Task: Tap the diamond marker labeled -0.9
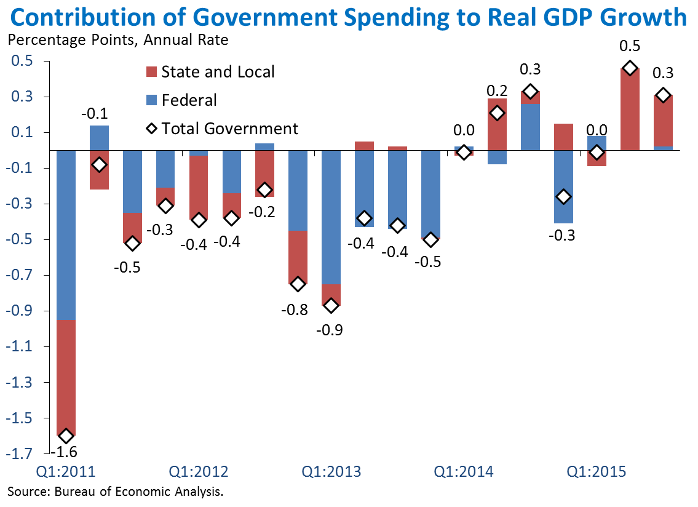point(331,305)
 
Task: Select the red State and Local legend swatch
point(151,71)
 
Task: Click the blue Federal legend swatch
point(151,100)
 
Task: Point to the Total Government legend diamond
point(151,129)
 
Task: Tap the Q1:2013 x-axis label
point(331,472)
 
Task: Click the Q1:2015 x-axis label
point(596,472)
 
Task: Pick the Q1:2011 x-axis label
point(66,472)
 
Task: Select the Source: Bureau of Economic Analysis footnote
point(115,491)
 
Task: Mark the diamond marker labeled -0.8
point(298,284)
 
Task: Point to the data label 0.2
point(497,91)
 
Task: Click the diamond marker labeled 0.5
point(629,68)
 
